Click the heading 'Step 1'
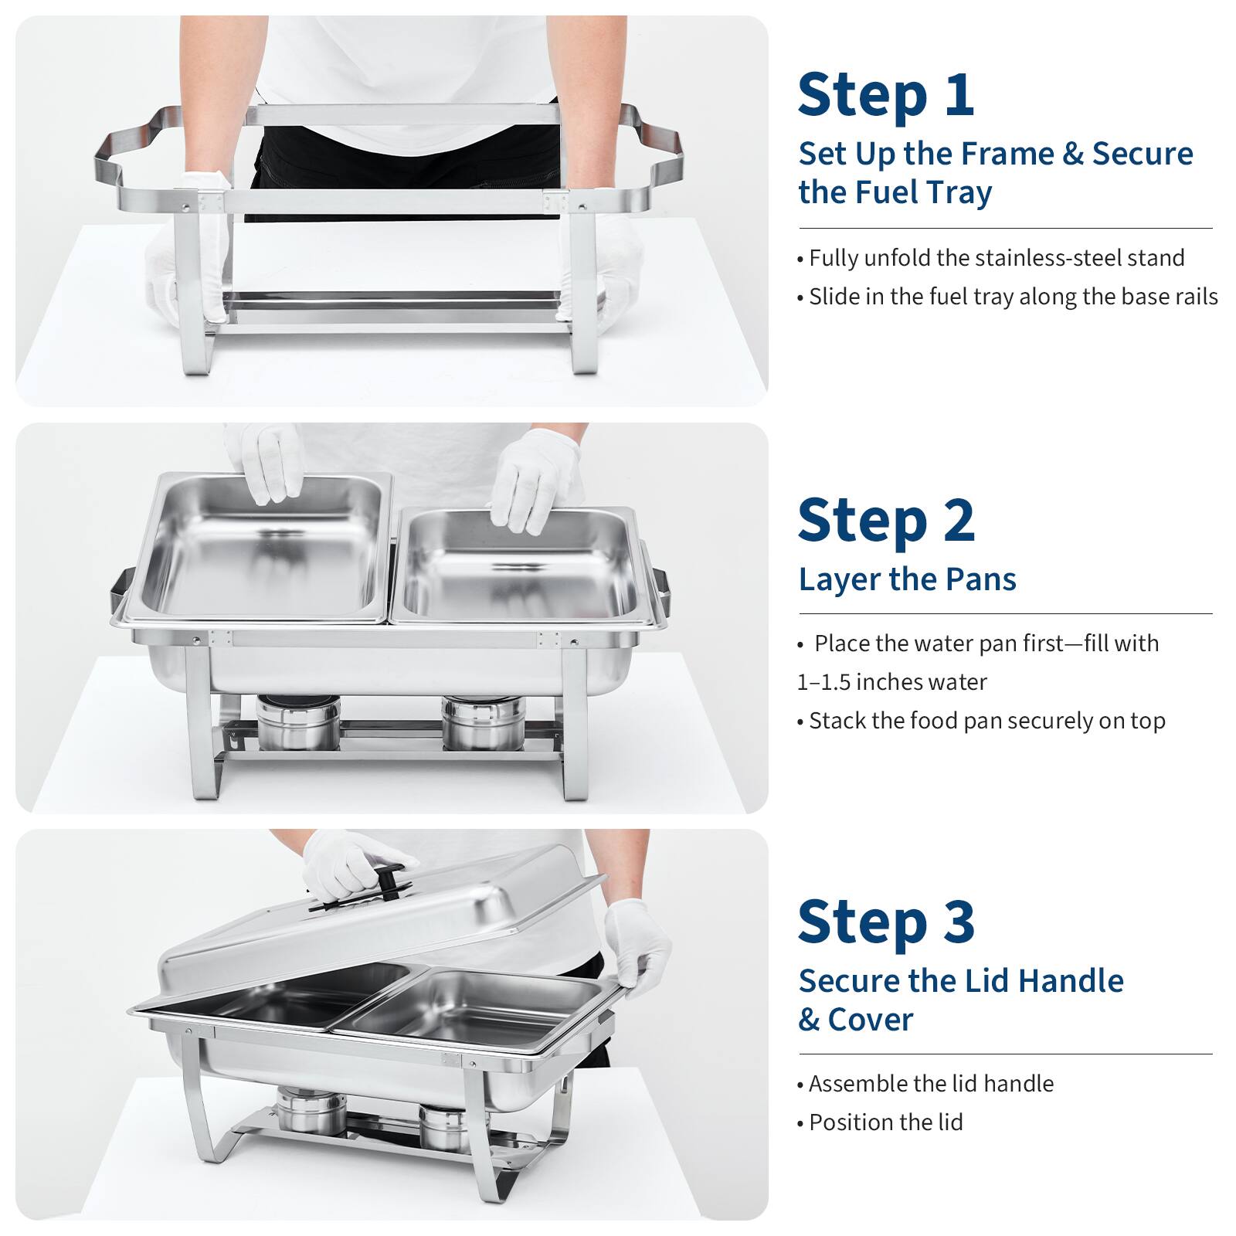pos(885,96)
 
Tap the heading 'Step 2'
pos(886,521)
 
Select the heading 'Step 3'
pos(886,922)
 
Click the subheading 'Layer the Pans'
pos(907,579)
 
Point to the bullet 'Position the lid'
pos(885,1122)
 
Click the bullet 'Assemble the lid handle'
pos(930,1084)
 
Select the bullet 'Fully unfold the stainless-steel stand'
pos(996,258)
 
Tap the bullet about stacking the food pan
pos(986,721)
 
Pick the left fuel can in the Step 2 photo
pos(297,722)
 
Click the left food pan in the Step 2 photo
pos(259,548)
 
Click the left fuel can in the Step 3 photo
pos(311,1109)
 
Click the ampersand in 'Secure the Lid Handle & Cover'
pos(809,1020)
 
